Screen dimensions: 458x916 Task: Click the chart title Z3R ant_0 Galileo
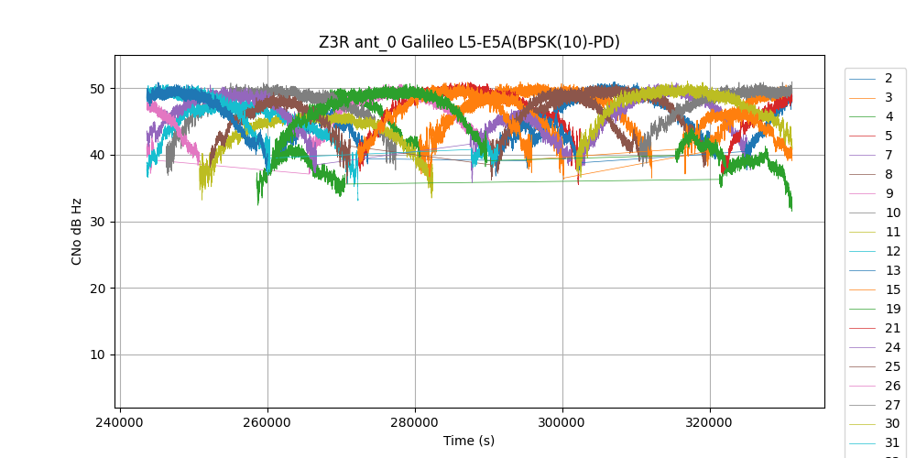(469, 42)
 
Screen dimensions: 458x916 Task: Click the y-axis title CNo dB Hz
(77, 231)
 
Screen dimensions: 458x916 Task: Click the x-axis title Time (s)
(469, 441)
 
